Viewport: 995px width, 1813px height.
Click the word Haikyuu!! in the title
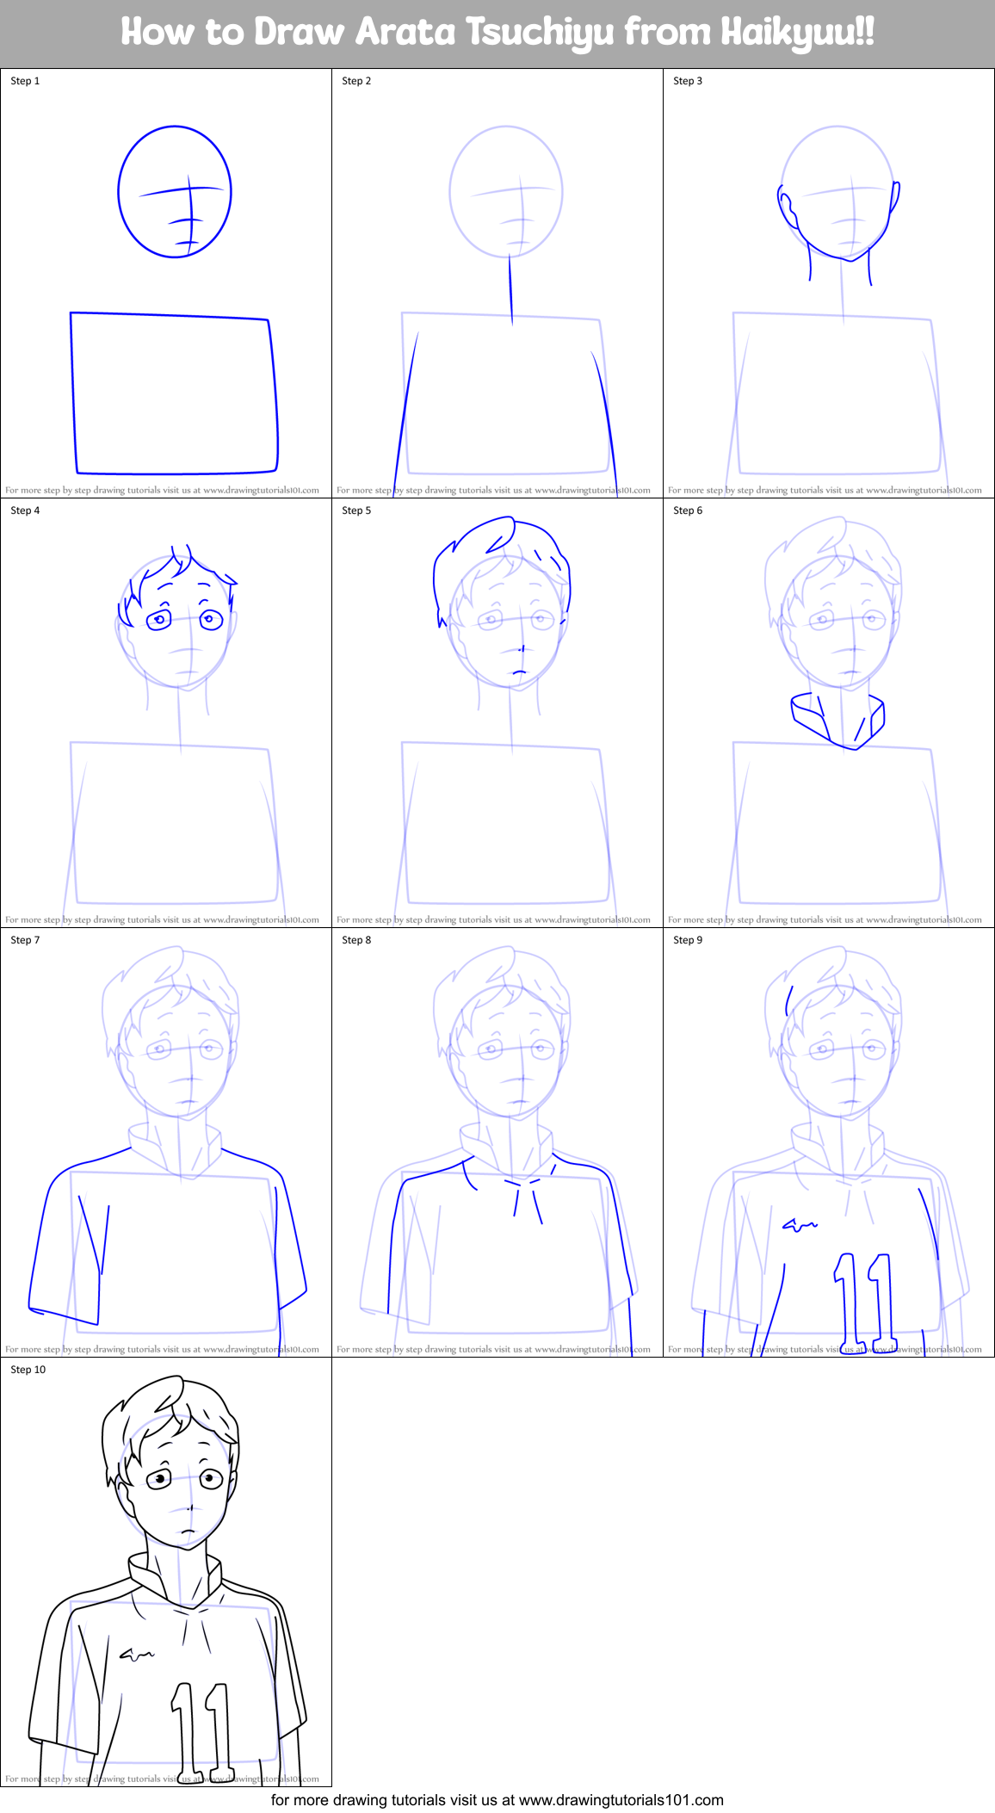pos(797,33)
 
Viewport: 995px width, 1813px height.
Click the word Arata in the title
pos(405,33)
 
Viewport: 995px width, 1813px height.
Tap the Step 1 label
pos(25,81)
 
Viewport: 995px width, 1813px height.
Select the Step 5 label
pos(356,510)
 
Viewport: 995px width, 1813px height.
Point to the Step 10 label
pos(28,1370)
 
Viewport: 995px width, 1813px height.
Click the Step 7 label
pos(25,940)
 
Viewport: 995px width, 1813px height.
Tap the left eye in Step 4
pos(159,619)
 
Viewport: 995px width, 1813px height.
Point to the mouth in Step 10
pos(187,1531)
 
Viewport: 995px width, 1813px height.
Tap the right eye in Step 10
pos(211,1479)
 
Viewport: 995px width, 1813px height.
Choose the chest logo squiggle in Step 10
pos(137,1654)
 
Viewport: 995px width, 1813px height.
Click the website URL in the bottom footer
pos(621,1799)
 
